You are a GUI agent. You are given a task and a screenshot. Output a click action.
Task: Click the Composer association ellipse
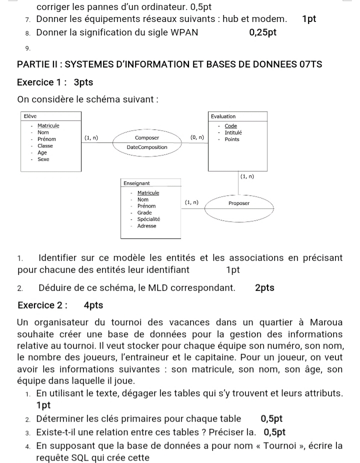click(147, 142)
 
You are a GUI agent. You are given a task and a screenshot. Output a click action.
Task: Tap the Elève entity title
click(30, 116)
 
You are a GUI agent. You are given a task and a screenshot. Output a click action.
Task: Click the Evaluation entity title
click(223, 116)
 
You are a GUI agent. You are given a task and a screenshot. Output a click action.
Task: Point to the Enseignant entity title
click(136, 183)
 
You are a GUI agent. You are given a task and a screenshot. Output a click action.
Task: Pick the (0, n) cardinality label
click(197, 137)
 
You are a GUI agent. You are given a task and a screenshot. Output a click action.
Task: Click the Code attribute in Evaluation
click(231, 126)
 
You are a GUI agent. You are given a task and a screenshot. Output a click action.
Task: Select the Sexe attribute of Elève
click(43, 159)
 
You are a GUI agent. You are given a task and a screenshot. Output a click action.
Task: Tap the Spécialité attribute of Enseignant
click(149, 219)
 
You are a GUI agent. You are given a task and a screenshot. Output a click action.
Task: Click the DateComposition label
click(147, 147)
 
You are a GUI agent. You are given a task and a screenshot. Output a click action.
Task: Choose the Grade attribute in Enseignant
click(144, 212)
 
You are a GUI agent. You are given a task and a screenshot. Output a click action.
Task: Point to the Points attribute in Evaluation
click(232, 139)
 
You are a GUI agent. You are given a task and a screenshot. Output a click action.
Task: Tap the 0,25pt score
click(262, 33)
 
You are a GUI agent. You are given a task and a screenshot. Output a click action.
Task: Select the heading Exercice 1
click(42, 82)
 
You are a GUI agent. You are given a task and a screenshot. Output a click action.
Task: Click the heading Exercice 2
click(42, 304)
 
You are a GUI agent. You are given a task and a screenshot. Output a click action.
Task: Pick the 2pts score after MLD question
click(264, 287)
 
